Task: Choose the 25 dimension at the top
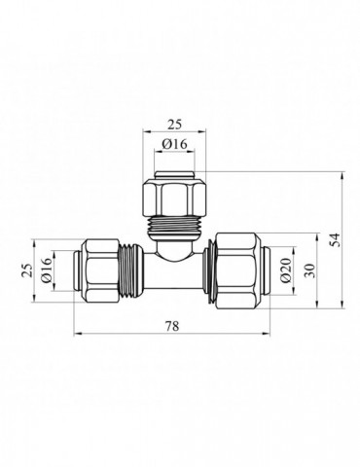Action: (175, 124)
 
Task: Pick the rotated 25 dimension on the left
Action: (25, 269)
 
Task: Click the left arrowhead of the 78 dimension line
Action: (76, 335)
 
